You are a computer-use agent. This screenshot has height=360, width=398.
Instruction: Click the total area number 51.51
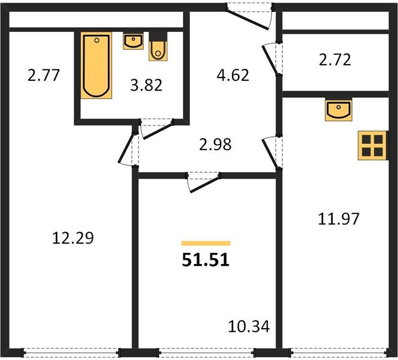tap(206, 260)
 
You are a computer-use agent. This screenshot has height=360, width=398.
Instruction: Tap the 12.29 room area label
tap(73, 238)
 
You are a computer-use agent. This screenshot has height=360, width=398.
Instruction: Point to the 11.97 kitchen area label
tap(339, 219)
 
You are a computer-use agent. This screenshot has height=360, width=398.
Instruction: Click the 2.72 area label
tap(335, 60)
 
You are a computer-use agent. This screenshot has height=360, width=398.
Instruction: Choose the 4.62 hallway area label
tap(233, 75)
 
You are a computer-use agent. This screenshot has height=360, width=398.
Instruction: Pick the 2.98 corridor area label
tap(215, 145)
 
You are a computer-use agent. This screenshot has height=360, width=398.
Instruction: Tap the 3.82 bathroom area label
tap(146, 85)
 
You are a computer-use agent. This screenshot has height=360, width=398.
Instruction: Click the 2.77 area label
tap(44, 75)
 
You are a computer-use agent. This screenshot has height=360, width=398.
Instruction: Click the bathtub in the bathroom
tap(97, 65)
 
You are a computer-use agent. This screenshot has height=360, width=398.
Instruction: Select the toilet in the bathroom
tap(158, 46)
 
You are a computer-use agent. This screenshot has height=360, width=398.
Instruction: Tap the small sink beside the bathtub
tap(133, 41)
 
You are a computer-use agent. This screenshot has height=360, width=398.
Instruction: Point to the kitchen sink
tap(338, 109)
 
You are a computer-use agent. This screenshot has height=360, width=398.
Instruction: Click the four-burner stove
tap(372, 145)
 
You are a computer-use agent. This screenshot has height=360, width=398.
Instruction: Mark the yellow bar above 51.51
tap(206, 243)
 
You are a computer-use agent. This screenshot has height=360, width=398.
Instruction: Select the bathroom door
tap(158, 130)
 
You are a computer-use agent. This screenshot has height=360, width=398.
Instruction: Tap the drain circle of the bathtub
tap(97, 40)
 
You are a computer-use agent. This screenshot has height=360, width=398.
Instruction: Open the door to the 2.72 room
tap(270, 59)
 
